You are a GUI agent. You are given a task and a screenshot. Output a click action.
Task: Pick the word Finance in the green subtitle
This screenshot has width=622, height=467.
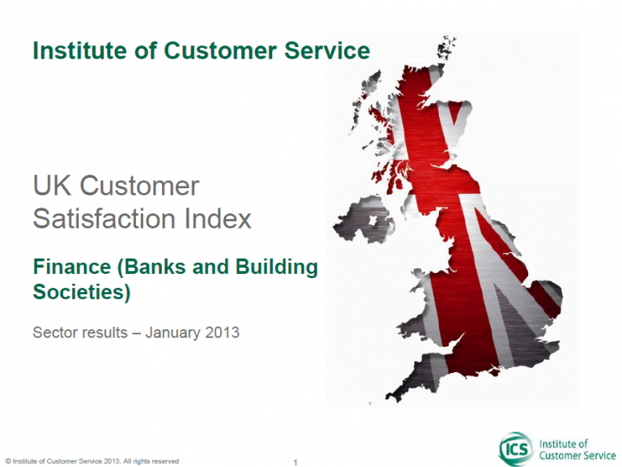[x=72, y=267]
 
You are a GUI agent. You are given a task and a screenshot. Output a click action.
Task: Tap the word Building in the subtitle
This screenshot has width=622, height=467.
[x=276, y=268]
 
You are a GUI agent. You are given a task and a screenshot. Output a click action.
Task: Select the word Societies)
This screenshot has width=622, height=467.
[x=82, y=292]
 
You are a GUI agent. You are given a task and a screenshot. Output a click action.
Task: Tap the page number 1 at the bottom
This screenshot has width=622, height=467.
[x=295, y=462]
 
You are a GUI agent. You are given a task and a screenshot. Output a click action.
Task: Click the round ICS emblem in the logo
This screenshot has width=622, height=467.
[x=516, y=449]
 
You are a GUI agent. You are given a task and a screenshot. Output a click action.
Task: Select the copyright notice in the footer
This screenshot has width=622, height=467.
[x=92, y=461]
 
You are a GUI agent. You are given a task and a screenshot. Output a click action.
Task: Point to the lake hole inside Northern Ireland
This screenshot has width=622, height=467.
[x=373, y=221]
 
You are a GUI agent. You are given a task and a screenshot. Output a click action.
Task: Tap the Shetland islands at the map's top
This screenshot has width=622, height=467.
[x=446, y=47]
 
